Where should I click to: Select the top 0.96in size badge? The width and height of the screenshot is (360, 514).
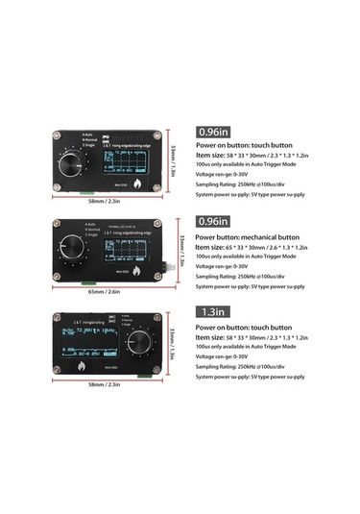(x=213, y=132)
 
